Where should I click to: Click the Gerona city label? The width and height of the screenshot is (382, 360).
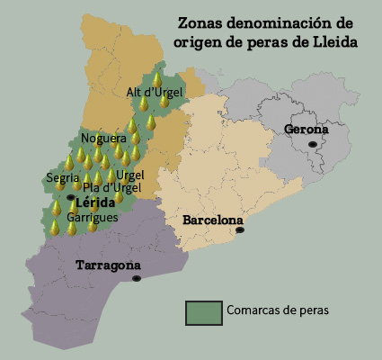pyautogui.click(x=306, y=130)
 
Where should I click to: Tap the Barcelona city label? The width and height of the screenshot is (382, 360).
pyautogui.click(x=212, y=220)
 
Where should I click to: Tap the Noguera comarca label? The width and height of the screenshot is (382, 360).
pyautogui.click(x=103, y=139)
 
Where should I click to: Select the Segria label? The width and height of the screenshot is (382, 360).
pyautogui.click(x=62, y=177)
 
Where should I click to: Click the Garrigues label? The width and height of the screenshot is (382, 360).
pyautogui.click(x=90, y=218)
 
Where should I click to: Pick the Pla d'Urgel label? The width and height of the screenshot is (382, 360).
pyautogui.click(x=109, y=188)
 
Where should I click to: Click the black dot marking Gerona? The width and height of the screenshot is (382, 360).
pyautogui.click(x=313, y=144)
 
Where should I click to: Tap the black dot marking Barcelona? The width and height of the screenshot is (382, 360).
pyautogui.click(x=240, y=230)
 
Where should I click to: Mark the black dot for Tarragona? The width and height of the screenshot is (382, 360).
pyautogui.click(x=136, y=279)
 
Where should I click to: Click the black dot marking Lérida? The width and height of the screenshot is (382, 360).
pyautogui.click(x=71, y=196)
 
